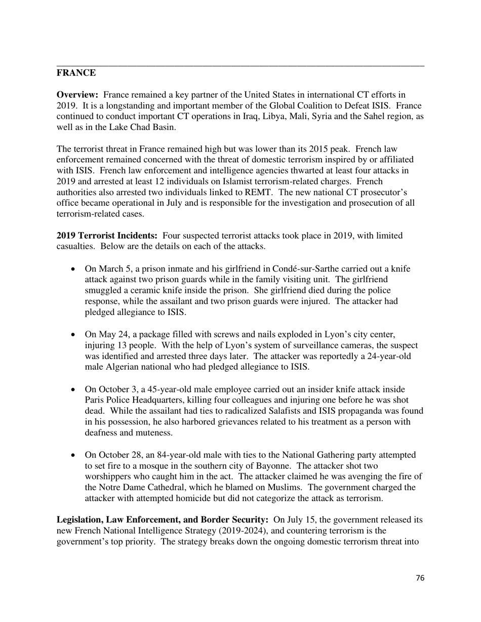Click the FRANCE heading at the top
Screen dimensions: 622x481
(76, 73)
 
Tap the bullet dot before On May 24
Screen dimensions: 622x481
(74, 335)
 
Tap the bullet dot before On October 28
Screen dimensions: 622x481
(74, 455)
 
